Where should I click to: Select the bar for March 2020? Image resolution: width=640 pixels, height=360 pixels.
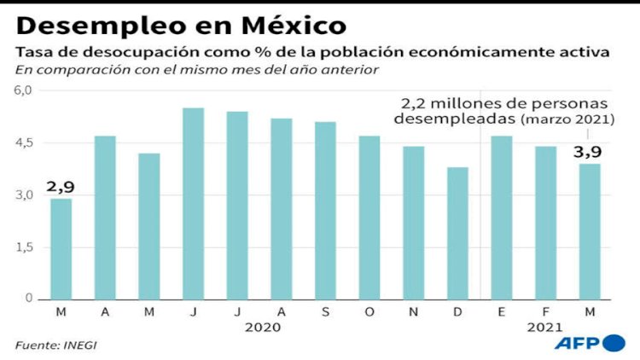pyautogui.click(x=61, y=248)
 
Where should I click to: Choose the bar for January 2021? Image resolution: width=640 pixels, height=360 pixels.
pyautogui.click(x=502, y=217)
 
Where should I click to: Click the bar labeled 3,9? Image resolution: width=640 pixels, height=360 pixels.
pyautogui.click(x=591, y=231)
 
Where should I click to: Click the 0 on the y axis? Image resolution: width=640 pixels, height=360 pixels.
pyautogui.click(x=27, y=299)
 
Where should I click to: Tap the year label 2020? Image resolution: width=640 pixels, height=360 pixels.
pyautogui.click(x=259, y=326)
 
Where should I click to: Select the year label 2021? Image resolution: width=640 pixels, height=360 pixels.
pyautogui.click(x=545, y=326)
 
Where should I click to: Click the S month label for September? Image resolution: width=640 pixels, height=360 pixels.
pyautogui.click(x=325, y=311)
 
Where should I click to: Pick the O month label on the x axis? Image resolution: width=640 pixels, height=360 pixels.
pyautogui.click(x=369, y=311)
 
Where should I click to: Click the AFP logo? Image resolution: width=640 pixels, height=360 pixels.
pyautogui.click(x=590, y=343)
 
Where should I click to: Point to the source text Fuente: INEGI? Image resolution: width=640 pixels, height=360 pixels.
pyautogui.click(x=49, y=345)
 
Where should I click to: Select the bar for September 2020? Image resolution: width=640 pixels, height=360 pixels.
pyautogui.click(x=325, y=210)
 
